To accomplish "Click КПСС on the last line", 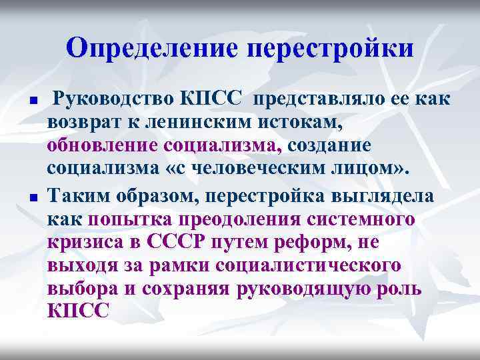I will click(x=77, y=311).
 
